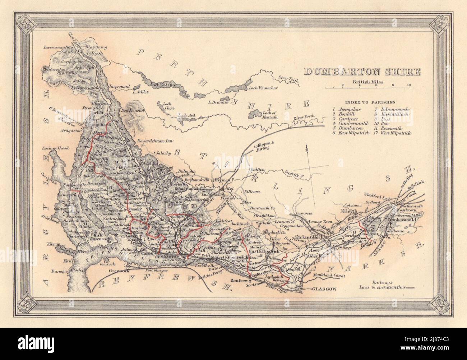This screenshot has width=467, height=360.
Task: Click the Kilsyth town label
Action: (x=348, y=212)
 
